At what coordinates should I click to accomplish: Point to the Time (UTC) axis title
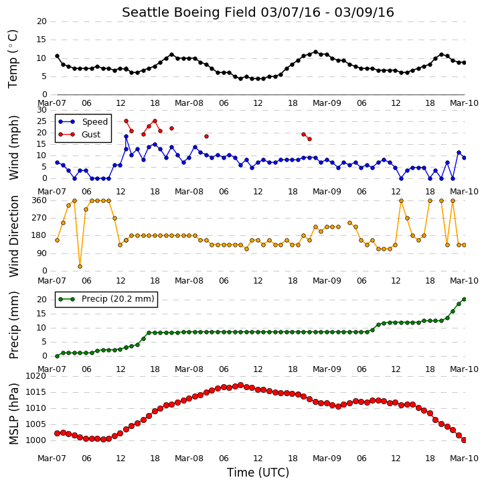[x=258, y=473]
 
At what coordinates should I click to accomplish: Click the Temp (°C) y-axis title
[x=13, y=59]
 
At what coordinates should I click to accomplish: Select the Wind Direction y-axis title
[x=13, y=236]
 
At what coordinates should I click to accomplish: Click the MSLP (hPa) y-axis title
[x=13, y=414]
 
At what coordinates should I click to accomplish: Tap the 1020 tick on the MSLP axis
[x=35, y=376]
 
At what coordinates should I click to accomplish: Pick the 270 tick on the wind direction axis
[x=39, y=218]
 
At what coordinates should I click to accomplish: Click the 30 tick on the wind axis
[x=42, y=110]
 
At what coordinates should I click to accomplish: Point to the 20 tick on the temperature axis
[x=42, y=21]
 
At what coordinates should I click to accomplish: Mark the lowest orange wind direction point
[x=80, y=266]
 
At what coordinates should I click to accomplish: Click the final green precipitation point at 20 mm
[x=464, y=299]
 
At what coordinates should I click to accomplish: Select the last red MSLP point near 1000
[x=464, y=440]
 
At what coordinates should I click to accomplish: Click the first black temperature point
[x=57, y=56]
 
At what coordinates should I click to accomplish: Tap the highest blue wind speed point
[x=126, y=136]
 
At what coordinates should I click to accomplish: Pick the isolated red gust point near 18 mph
[x=206, y=136]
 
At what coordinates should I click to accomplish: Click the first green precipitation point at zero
[x=57, y=356]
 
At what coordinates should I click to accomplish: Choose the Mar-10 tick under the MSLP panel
[x=464, y=458]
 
